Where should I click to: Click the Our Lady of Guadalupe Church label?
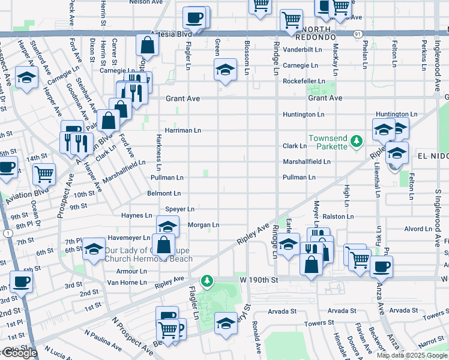148,254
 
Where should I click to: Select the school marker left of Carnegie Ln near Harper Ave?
26,78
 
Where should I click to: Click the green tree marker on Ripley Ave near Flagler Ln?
206,280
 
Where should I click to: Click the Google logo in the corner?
19,353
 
